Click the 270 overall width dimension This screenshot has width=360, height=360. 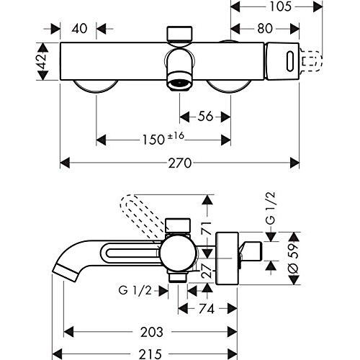(x=180, y=163)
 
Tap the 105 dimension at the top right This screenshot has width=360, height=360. (x=281, y=6)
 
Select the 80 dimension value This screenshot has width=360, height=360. (x=265, y=29)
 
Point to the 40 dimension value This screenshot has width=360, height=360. (x=79, y=29)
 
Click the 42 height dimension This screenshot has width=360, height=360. (x=43, y=61)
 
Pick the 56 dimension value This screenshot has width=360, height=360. (x=205, y=117)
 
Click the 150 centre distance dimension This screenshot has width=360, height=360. (x=153, y=140)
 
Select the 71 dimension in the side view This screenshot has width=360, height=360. (x=207, y=228)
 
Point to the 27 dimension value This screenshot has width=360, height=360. (x=207, y=271)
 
